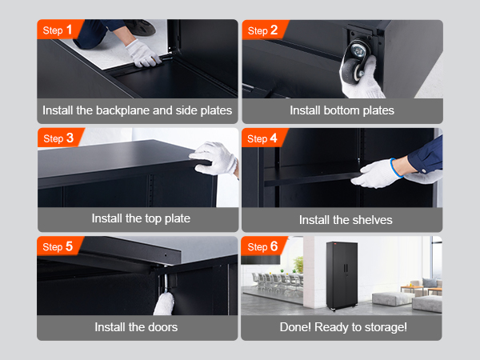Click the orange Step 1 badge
tap(58, 30)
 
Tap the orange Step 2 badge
tap(263, 30)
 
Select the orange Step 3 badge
tap(58, 138)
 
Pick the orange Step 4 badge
tap(263, 138)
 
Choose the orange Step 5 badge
tap(58, 246)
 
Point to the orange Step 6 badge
tap(263, 246)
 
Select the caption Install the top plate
tap(137, 218)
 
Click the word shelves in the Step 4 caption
tap(372, 219)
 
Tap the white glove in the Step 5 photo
tap(164, 302)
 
